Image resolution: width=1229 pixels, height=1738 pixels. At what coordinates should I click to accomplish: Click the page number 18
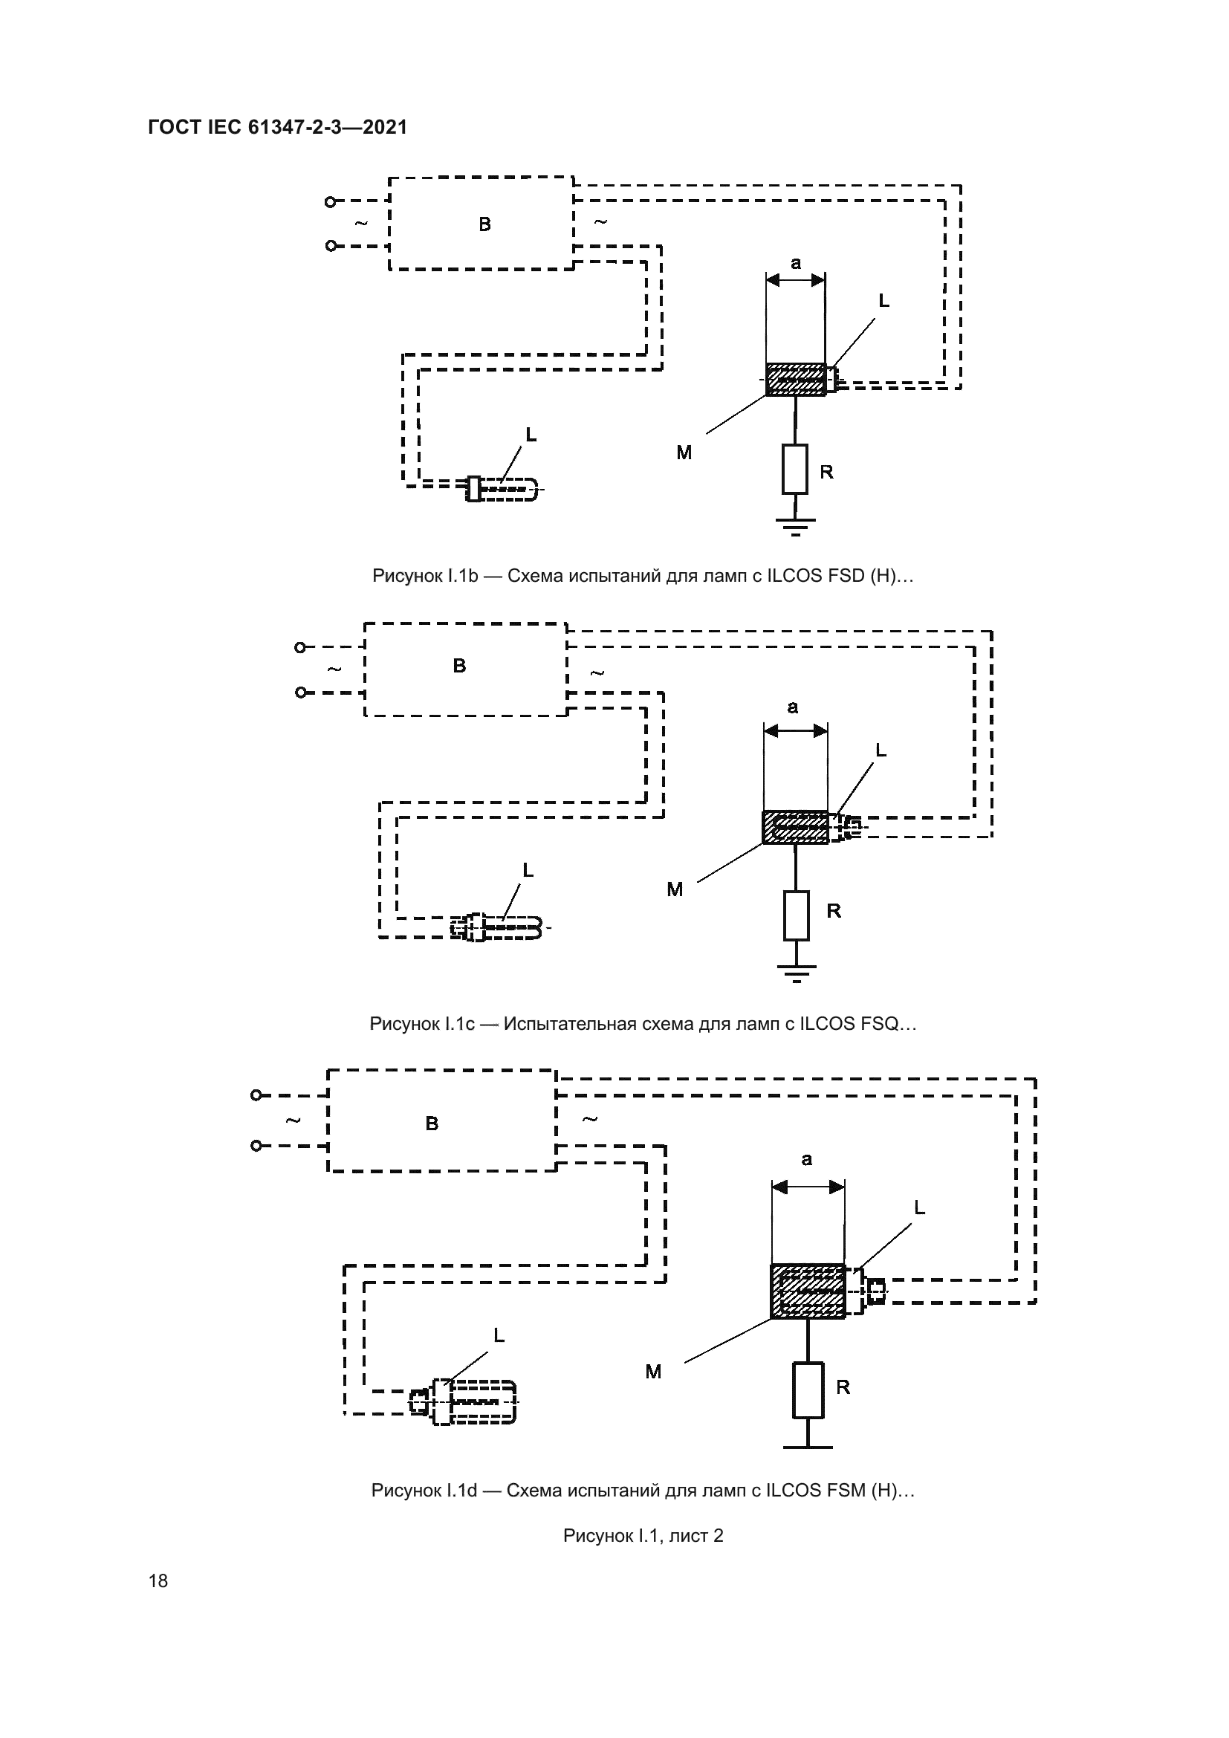coord(158,1580)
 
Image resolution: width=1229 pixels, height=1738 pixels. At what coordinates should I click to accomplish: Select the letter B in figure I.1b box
coord(484,224)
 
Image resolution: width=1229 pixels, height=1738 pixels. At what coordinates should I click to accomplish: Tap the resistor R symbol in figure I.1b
coord(794,470)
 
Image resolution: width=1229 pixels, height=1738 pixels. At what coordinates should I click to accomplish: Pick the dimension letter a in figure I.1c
coord(792,707)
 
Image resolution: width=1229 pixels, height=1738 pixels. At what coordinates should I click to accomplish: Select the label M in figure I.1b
coord(684,453)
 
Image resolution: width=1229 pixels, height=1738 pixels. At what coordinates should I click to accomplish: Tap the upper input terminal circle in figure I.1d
coord(256,1095)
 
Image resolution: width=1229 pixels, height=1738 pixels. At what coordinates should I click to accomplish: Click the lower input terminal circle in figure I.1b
coord(330,246)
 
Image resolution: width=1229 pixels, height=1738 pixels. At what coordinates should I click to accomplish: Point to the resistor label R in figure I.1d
coord(843,1387)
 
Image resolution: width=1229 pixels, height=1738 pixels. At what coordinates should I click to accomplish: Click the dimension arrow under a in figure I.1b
coord(795,280)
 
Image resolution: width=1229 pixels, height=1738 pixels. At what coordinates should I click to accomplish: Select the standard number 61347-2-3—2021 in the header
coord(328,127)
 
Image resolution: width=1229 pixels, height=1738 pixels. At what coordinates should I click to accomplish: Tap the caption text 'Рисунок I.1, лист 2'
coord(643,1535)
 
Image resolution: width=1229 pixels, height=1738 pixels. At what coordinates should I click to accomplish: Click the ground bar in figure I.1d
coord(808,1447)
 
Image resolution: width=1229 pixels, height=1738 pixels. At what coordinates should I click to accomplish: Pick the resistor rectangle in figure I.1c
coord(796,915)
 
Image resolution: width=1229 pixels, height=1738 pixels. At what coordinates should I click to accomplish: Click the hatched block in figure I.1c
coord(795,826)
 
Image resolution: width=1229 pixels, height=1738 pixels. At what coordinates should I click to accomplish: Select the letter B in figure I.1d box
coord(432,1123)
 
